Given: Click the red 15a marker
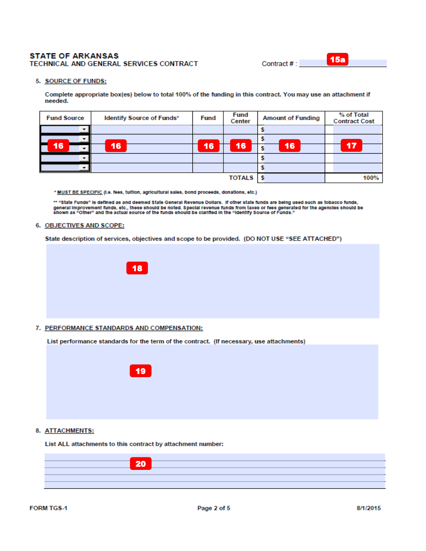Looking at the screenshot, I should click(337, 60).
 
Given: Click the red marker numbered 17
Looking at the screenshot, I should click(351, 146).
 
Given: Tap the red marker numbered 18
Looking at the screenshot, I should click(137, 268).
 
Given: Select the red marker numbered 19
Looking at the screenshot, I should click(140, 371).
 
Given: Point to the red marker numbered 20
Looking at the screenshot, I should click(140, 464).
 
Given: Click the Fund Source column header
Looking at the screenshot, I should click(65, 118).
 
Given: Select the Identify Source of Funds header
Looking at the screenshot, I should click(142, 118).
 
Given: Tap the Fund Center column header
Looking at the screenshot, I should click(240, 118).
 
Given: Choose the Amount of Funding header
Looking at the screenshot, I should click(291, 118).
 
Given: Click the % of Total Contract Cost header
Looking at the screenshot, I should click(353, 118).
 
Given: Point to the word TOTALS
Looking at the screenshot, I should click(241, 178).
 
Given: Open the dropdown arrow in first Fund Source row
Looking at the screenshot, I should click(84, 129).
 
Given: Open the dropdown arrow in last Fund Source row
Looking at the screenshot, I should click(84, 168).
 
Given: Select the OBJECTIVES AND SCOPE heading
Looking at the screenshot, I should click(84, 225).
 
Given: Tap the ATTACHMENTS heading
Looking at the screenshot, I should click(69, 430).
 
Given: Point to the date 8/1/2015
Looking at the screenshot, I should click(369, 508).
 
